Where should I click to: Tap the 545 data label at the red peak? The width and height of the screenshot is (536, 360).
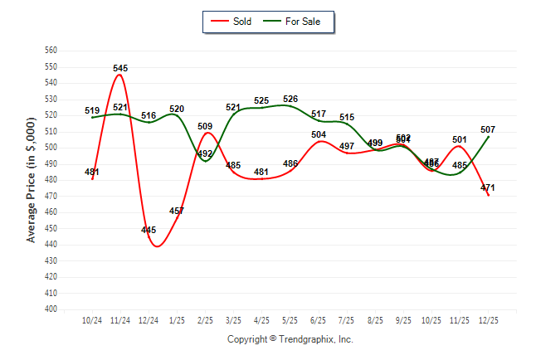click(x=120, y=68)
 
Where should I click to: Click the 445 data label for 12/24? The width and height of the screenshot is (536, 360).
click(x=149, y=230)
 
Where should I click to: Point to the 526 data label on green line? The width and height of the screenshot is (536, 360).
click(x=290, y=100)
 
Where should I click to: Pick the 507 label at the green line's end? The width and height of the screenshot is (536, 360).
click(x=488, y=129)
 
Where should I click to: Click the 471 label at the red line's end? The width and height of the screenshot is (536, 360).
click(x=488, y=187)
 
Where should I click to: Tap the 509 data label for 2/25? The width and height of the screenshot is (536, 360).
click(x=206, y=127)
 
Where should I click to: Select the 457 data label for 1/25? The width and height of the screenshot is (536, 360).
click(x=177, y=211)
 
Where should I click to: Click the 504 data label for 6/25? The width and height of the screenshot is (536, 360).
click(x=319, y=134)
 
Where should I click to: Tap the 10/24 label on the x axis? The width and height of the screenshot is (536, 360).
click(x=92, y=320)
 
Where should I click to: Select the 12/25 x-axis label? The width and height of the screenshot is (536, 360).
click(x=488, y=320)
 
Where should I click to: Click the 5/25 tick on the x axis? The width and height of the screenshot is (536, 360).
click(x=290, y=320)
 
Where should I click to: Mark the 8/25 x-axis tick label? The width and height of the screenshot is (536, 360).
click(x=375, y=320)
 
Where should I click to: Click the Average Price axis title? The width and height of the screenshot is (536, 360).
click(x=32, y=180)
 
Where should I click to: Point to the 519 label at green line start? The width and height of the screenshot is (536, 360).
click(x=92, y=110)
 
